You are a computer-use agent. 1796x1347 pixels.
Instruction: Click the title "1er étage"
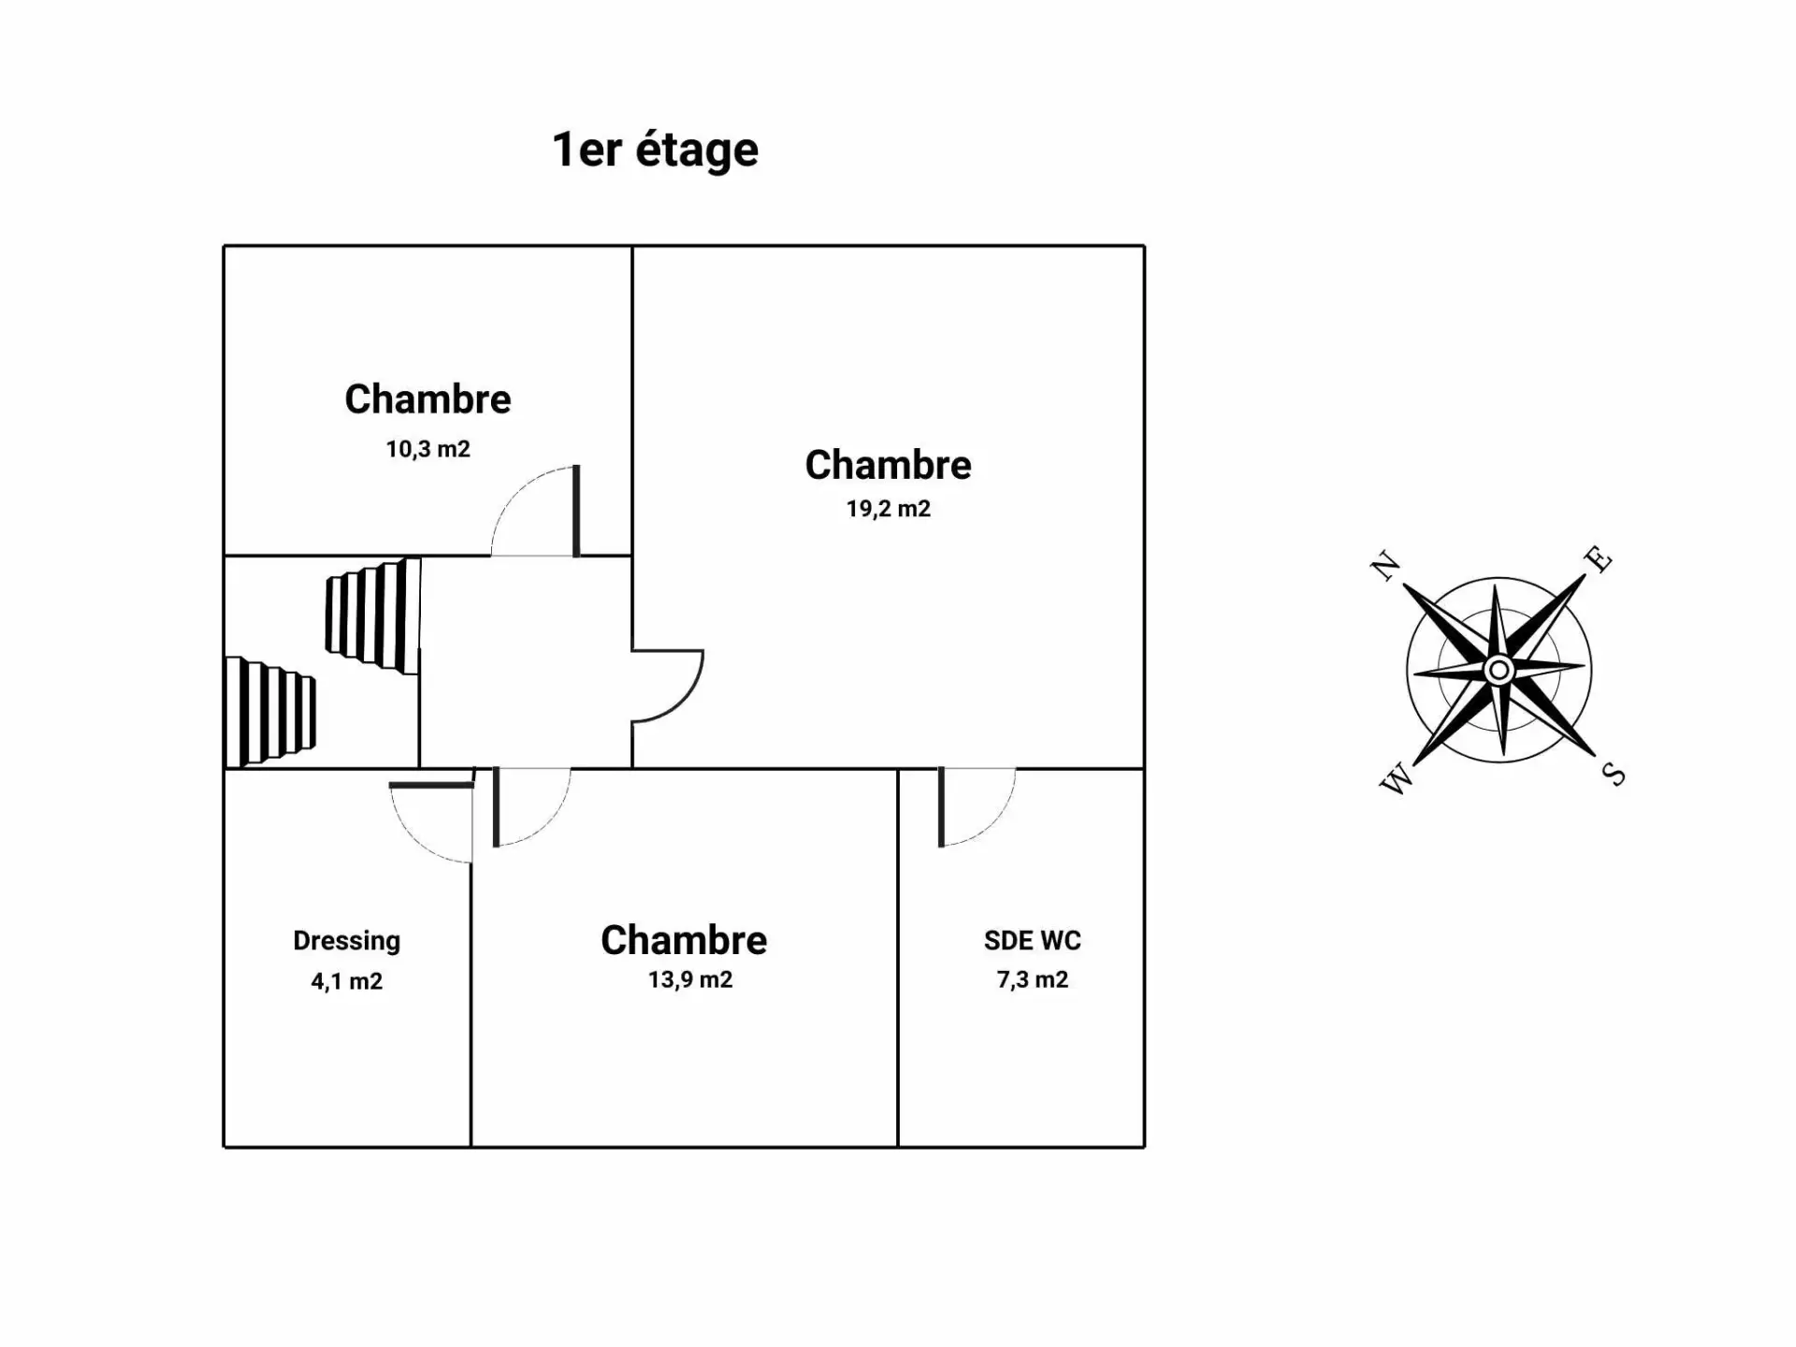655,150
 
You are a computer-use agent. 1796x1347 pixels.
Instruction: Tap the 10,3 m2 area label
427,449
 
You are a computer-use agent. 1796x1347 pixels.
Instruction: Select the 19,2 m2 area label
888,509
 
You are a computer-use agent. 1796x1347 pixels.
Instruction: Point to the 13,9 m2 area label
689,979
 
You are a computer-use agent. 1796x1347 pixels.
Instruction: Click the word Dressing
346,940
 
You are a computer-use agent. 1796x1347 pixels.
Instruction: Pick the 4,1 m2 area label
346,981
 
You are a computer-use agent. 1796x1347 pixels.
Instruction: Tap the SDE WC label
1032,940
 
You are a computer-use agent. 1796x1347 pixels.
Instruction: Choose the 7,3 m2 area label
1032,979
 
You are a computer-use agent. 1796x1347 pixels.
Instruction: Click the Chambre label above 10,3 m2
427,399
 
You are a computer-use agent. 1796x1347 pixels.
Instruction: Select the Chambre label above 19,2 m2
888,465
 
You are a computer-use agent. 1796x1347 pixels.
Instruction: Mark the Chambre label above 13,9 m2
684,940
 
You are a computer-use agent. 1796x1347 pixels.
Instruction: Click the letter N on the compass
1385,566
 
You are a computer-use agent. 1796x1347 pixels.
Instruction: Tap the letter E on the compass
1599,558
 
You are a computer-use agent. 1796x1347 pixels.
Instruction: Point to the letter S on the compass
1614,775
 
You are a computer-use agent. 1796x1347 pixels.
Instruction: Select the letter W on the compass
1396,778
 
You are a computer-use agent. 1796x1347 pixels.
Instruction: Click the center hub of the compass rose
1499,670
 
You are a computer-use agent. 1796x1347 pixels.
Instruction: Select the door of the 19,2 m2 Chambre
666,686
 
